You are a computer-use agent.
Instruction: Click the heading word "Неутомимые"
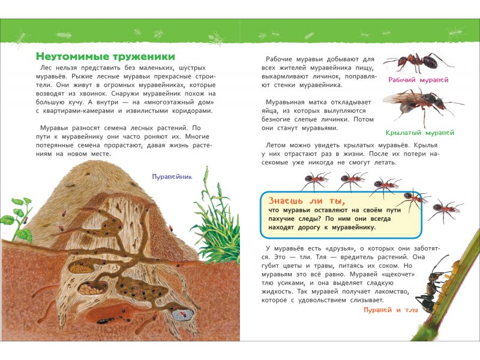click(71, 56)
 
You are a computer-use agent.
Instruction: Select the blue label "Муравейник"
click(175, 176)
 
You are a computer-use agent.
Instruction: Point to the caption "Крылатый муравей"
click(419, 132)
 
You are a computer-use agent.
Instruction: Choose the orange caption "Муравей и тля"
click(389, 310)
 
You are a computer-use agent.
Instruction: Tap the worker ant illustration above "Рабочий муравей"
click(418, 61)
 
